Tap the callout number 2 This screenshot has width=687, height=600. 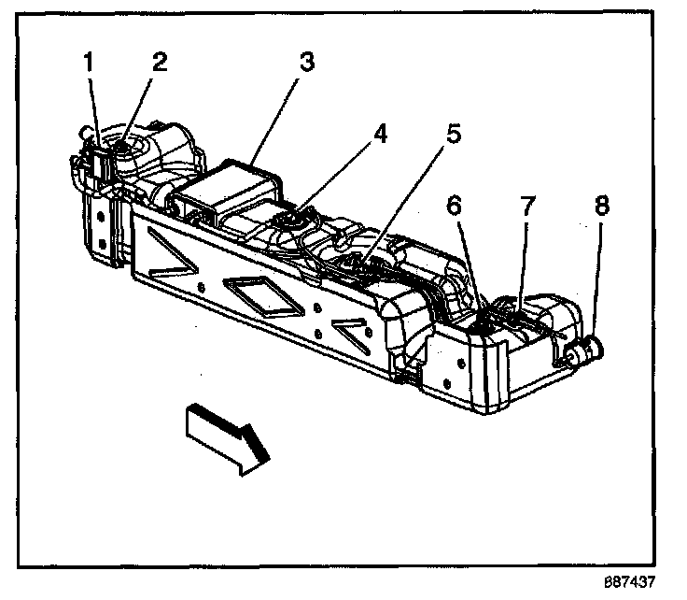point(160,64)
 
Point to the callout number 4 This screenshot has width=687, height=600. point(380,135)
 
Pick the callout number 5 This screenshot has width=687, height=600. point(453,135)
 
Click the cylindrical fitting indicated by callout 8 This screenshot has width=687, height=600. point(585,351)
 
